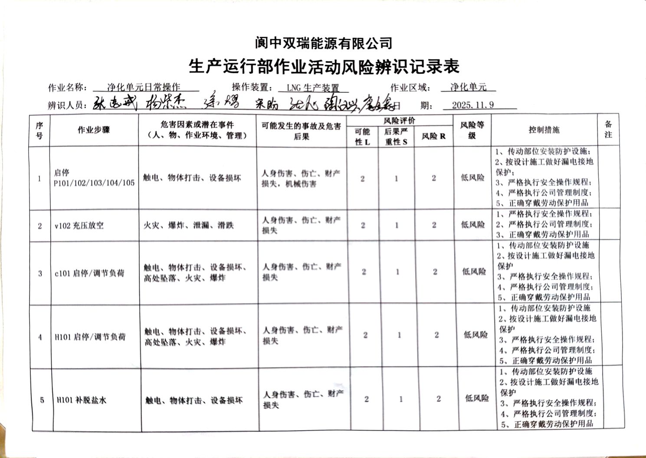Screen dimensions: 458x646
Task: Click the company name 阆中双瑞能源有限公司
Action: (323, 43)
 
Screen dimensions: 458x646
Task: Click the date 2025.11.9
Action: (472, 105)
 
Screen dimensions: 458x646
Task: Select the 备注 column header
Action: (608, 130)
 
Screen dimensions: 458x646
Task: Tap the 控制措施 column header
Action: (544, 130)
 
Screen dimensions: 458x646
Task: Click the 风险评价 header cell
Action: (399, 121)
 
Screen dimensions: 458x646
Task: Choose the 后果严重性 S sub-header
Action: (396, 137)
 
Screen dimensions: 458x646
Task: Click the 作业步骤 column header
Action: (94, 130)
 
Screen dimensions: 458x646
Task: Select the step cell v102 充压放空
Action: (79, 226)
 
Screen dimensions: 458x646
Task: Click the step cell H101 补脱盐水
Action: (82, 400)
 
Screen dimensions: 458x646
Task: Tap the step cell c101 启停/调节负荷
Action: (89, 273)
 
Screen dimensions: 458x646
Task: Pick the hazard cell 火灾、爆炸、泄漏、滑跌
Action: (189, 226)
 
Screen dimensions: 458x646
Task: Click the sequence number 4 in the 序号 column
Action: (40, 337)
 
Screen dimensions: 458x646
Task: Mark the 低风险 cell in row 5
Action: (477, 398)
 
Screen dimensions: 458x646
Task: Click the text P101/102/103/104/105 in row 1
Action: (94, 183)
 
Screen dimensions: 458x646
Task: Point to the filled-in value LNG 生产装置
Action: (312, 88)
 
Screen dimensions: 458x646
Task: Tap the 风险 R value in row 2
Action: (434, 225)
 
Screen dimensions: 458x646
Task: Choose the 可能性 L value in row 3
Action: (364, 272)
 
